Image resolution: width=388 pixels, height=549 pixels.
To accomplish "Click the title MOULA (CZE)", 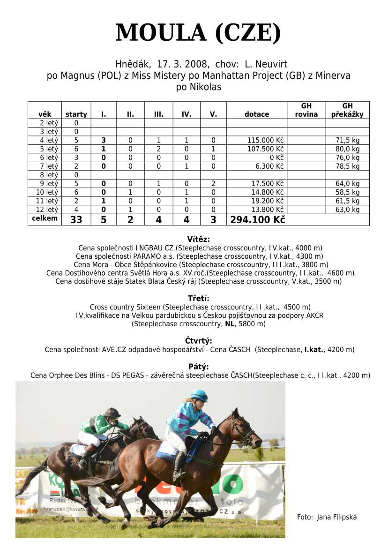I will pyautogui.click(x=198, y=33).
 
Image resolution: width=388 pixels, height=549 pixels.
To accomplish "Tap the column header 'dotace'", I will pyautogui.click(x=257, y=114).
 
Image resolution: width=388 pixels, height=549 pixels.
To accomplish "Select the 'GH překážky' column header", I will pyautogui.click(x=347, y=110).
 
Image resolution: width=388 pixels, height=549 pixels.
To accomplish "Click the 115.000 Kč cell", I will pyautogui.click(x=265, y=140).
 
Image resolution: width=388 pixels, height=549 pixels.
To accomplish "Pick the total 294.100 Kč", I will pyautogui.click(x=257, y=219).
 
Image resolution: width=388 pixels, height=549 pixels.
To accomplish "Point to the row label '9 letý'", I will pyautogui.click(x=49, y=183).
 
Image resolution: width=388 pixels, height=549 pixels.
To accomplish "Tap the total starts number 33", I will pyautogui.click(x=76, y=219).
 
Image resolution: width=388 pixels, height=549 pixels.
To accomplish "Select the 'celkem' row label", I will pyautogui.click(x=45, y=218).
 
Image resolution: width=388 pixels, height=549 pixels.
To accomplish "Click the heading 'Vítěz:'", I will pyautogui.click(x=198, y=239).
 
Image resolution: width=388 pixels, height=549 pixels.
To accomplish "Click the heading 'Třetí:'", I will pyautogui.click(x=198, y=298).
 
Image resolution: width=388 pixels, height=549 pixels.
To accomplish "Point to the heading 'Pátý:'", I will pyautogui.click(x=198, y=367).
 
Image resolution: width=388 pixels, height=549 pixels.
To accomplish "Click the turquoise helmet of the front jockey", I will pyautogui.click(x=199, y=395).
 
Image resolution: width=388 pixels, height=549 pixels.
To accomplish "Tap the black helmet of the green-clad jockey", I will pyautogui.click(x=112, y=412).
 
